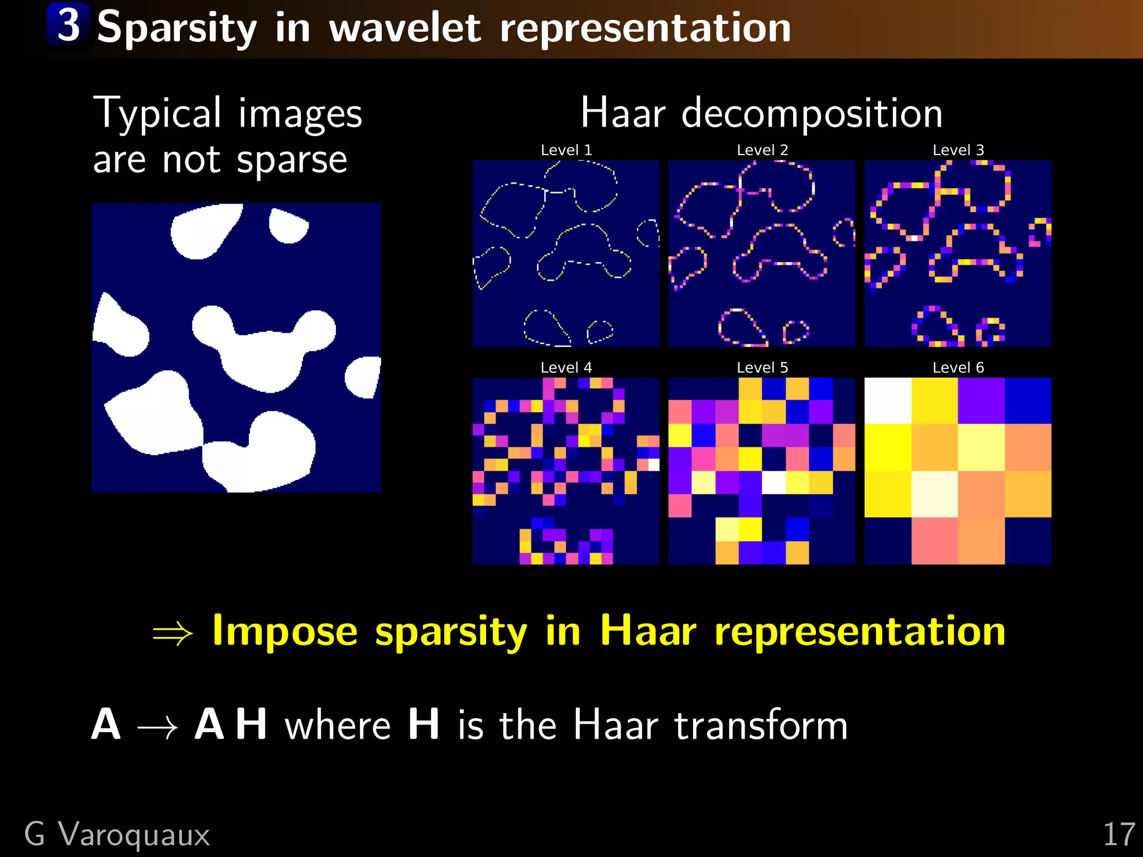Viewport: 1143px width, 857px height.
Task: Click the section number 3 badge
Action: click(x=68, y=25)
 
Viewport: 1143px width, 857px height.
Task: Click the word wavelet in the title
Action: click(x=405, y=28)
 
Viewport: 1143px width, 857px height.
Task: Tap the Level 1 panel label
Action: click(x=566, y=150)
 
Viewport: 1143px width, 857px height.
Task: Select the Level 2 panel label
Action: click(x=762, y=150)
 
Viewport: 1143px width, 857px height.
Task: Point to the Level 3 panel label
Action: click(x=958, y=150)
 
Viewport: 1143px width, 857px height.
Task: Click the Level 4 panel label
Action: click(x=566, y=368)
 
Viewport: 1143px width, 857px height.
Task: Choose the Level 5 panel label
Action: click(x=762, y=368)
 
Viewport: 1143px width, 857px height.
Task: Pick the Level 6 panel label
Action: click(x=958, y=368)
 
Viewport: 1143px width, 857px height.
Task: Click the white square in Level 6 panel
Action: click(x=887, y=401)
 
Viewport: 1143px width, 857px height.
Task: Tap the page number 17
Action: click(x=1118, y=835)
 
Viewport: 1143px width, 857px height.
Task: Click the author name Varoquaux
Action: click(x=134, y=835)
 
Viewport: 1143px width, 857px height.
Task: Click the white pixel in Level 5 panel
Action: click(x=774, y=483)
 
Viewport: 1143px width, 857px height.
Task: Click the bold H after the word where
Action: click(x=423, y=724)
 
